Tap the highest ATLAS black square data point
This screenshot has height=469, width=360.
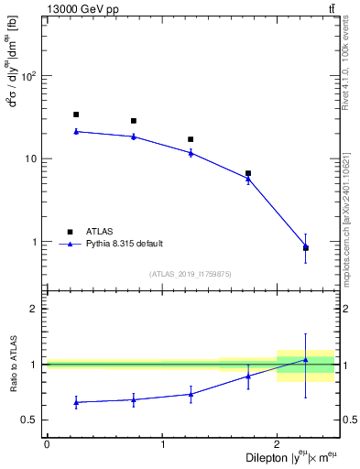(x=76, y=115)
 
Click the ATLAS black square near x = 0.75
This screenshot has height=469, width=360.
(x=134, y=121)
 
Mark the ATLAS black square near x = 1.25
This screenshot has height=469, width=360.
(x=191, y=139)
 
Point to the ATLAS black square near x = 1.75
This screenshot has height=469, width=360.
(x=248, y=173)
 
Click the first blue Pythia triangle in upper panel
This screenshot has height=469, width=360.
(x=76, y=131)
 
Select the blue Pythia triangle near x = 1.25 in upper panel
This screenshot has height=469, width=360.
(x=191, y=152)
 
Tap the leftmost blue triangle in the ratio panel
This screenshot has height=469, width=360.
(x=76, y=402)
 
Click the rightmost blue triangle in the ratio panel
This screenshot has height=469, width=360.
(x=306, y=360)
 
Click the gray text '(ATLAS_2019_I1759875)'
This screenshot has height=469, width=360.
(x=191, y=273)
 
